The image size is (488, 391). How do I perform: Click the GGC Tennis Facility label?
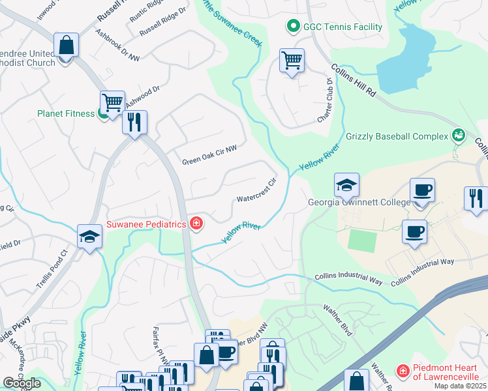point(342,27)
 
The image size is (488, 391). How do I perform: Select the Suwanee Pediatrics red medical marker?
point(196,224)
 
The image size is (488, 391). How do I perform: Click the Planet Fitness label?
point(66,113)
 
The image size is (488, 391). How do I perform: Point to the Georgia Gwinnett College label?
point(359,202)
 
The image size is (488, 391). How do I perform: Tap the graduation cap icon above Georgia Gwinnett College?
point(347,186)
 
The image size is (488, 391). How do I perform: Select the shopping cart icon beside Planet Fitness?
point(112,103)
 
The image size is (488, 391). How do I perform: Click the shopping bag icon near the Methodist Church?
point(67,46)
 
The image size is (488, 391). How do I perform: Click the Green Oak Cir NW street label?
point(209,155)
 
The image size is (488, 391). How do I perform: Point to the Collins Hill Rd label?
point(354,81)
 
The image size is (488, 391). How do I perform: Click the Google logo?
point(22,383)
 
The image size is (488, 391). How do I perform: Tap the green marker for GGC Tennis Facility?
point(292,27)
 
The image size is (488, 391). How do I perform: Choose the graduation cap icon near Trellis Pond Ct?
point(89,236)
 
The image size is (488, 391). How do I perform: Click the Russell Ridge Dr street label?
point(159,27)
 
